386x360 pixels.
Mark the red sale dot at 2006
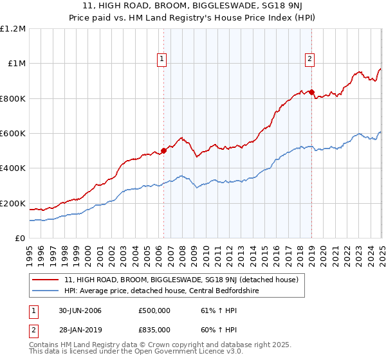click(163, 150)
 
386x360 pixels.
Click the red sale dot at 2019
click(311, 92)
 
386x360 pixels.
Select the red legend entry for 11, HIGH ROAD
click(181, 280)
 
